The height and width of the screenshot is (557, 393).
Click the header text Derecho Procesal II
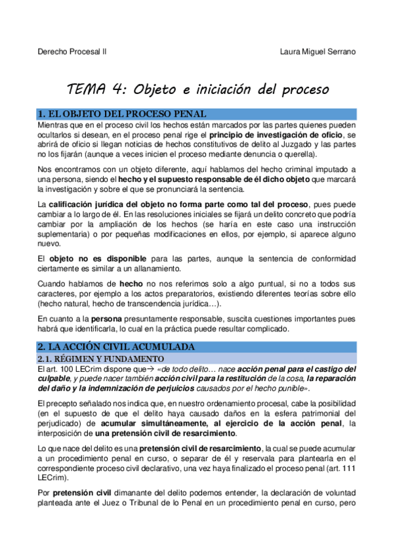pos(73,52)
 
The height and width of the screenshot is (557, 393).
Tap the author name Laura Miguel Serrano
pos(318,52)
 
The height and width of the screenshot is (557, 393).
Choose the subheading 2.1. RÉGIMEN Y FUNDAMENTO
pos(100,359)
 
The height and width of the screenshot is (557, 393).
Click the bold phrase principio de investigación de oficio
pos(279,135)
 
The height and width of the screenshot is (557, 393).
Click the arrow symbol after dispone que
pos(146,369)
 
